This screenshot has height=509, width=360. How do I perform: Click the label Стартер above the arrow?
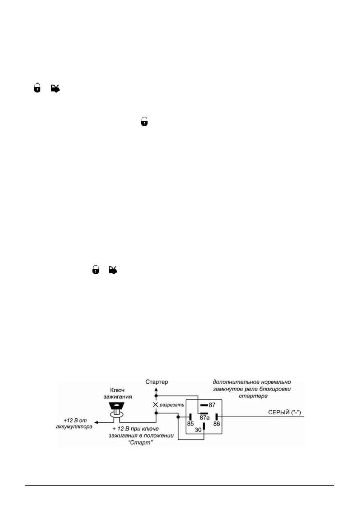(157, 382)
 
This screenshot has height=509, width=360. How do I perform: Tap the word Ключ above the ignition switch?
(117, 390)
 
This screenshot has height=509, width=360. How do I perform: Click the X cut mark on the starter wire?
(155, 404)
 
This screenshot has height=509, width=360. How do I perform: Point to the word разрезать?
(172, 405)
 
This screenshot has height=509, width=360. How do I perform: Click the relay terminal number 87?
(212, 405)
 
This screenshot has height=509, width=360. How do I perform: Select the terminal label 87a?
(205, 418)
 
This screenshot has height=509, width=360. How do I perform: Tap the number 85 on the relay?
(190, 424)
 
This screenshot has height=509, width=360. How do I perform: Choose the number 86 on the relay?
(217, 424)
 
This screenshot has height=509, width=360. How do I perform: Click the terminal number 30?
(198, 430)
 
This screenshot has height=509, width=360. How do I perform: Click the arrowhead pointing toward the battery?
(96, 423)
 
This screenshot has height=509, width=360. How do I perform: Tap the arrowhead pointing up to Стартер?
(156, 389)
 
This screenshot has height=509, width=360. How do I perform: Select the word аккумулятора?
(74, 427)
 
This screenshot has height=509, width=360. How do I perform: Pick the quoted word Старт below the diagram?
(140, 443)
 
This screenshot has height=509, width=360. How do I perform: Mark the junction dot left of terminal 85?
(178, 417)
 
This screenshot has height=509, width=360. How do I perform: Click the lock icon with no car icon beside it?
(145, 122)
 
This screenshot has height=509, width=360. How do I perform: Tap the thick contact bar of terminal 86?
(217, 417)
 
